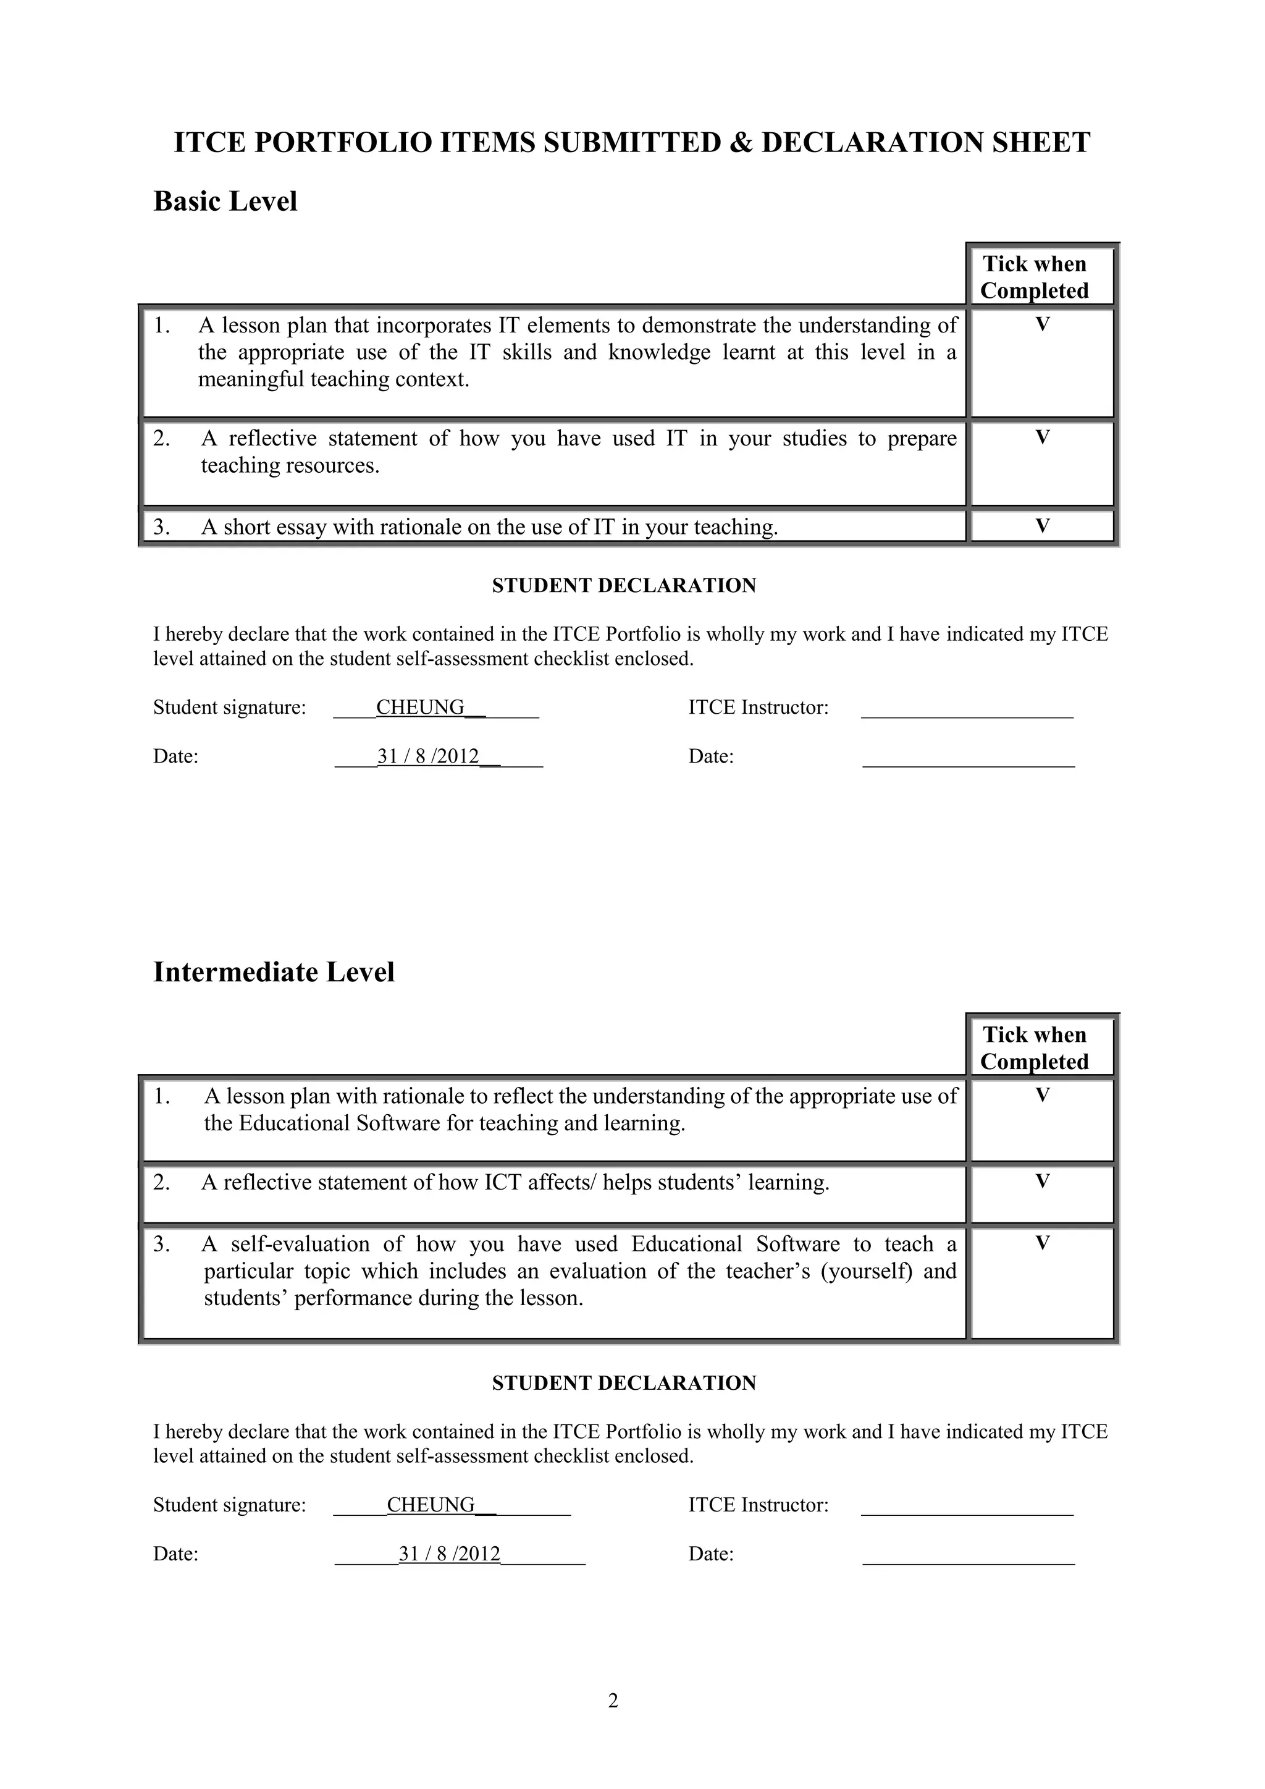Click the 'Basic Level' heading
(225, 201)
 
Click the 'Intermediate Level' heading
(274, 971)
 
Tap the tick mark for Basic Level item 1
(1042, 325)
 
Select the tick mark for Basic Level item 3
(1042, 526)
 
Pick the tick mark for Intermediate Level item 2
(1042, 1182)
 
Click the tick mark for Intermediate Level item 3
(1042, 1243)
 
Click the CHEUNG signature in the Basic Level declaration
(420, 708)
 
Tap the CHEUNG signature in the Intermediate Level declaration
(431, 1505)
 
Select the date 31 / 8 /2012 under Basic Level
(427, 756)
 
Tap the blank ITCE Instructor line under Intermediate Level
(967, 1510)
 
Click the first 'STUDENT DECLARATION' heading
(624, 586)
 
